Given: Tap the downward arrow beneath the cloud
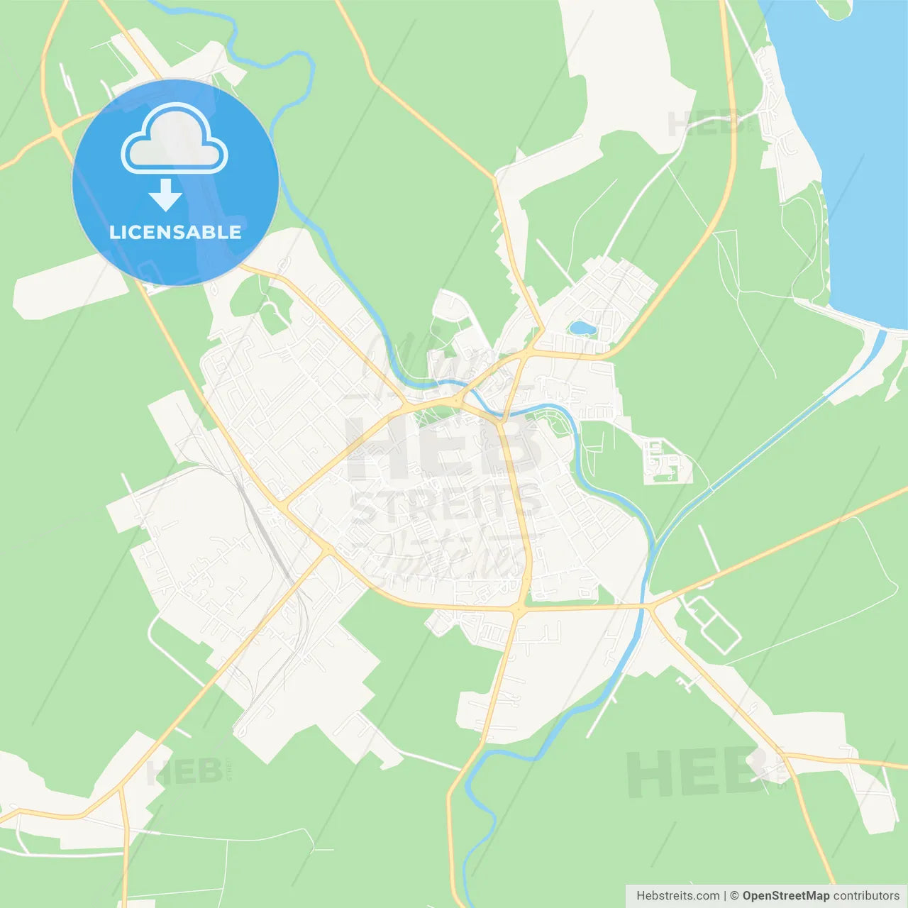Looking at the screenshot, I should [165, 194].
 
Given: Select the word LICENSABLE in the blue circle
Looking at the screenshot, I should [175, 232].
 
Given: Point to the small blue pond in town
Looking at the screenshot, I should [582, 328].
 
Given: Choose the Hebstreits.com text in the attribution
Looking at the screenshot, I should [677, 896].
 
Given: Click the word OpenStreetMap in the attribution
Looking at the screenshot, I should [785, 896].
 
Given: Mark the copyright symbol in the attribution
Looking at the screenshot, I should [734, 896].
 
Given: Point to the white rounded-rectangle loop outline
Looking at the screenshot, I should [712, 624].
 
